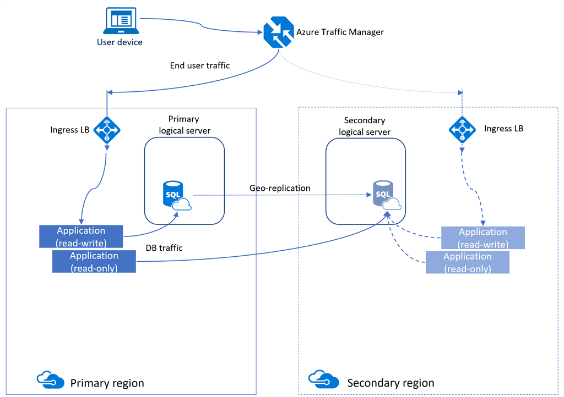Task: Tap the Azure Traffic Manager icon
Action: (278, 32)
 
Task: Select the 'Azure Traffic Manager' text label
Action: (340, 32)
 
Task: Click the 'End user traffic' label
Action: (200, 65)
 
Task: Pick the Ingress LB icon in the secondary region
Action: (462, 130)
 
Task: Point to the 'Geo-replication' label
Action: (280, 188)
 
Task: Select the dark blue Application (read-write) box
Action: (81, 236)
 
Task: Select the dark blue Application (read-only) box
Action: (94, 261)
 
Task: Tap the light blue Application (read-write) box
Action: (483, 238)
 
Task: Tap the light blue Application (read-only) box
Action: (467, 262)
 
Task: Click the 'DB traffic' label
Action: (164, 248)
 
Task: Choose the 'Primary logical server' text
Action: (183, 124)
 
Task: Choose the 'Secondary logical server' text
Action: (364, 126)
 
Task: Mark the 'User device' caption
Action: (120, 42)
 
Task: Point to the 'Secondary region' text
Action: (391, 383)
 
